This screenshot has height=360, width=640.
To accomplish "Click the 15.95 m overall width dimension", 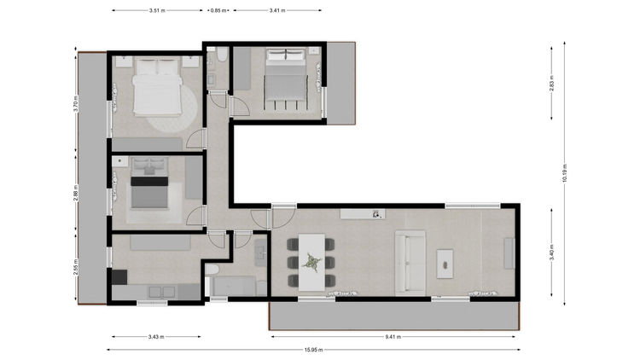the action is [x=313, y=350].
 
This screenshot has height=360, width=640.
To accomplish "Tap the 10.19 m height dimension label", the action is [x=565, y=173].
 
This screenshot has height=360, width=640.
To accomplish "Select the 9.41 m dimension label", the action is [x=393, y=337].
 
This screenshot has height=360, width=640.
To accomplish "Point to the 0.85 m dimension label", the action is [x=218, y=10].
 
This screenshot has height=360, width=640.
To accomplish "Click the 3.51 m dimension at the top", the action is [x=157, y=10].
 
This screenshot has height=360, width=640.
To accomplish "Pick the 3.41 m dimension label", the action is [x=277, y=10].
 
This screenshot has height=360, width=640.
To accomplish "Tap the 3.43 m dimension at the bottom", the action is [x=156, y=337].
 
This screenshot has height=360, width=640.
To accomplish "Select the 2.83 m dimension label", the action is [x=551, y=84].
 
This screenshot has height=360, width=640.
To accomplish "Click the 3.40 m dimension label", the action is [x=551, y=253].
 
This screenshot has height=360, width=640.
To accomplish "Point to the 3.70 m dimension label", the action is [x=76, y=103].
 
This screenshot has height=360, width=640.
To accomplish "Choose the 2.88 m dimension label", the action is [x=76, y=193].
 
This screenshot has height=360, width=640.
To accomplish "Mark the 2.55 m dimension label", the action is [x=76, y=267].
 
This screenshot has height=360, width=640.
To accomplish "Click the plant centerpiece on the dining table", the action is [x=311, y=263].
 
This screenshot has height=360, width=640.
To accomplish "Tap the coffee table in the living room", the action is [x=445, y=264].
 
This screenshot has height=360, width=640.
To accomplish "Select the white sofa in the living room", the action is [x=410, y=263].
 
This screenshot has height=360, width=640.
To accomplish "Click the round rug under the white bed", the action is [x=172, y=108].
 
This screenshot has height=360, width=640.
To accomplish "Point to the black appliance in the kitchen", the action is [x=119, y=277].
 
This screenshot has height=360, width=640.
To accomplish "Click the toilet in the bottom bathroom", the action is [x=212, y=270].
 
